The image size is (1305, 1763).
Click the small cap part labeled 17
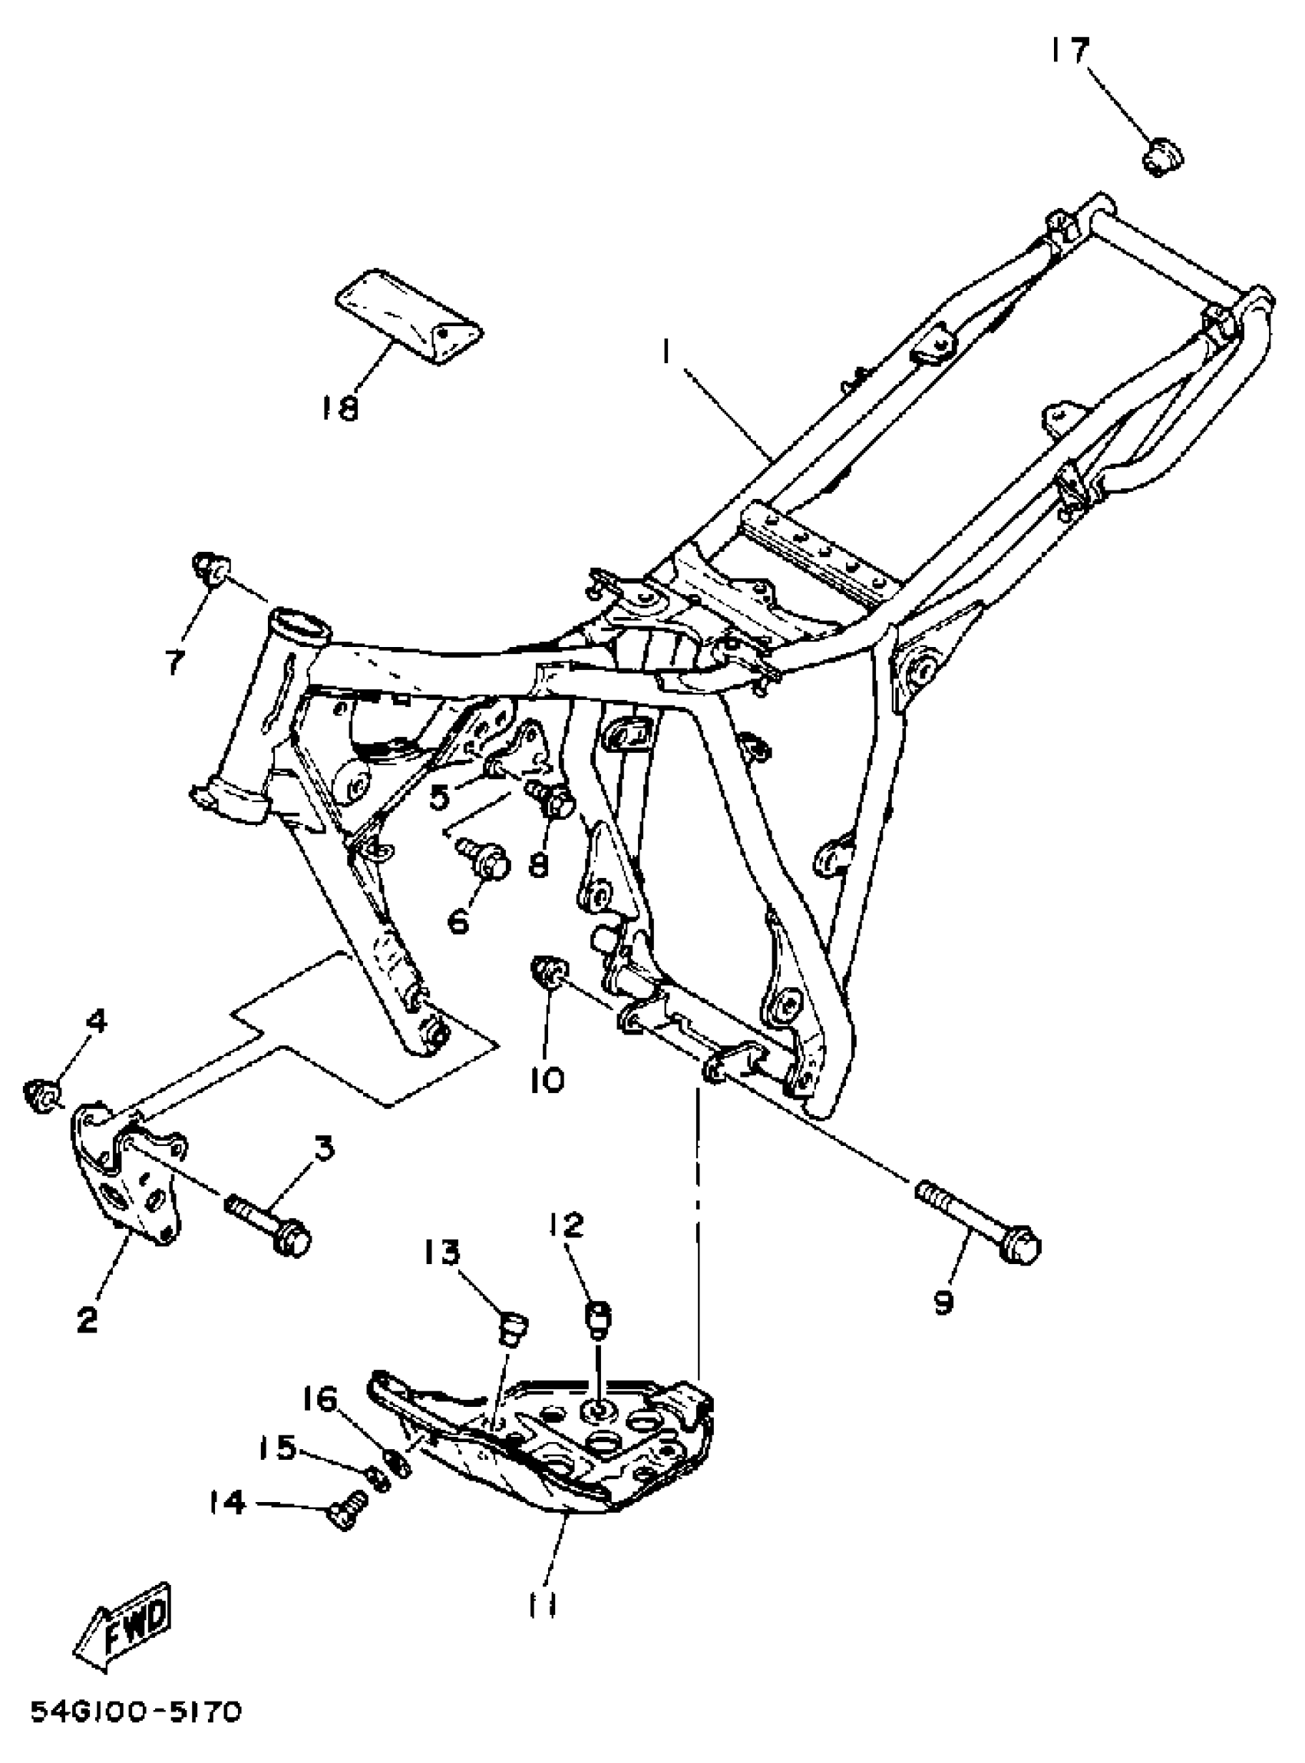click(1162, 156)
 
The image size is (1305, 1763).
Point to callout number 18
click(339, 408)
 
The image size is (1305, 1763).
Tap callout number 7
click(174, 662)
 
